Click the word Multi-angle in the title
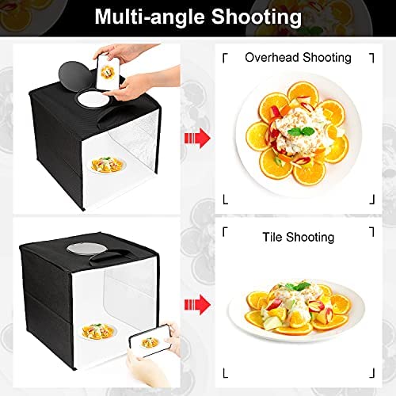click(150, 17)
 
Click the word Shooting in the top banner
click(257, 17)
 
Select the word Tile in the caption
click(272, 237)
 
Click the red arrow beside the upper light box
click(197, 138)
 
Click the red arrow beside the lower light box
click(197, 305)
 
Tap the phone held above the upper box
click(108, 72)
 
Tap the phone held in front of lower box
click(150, 341)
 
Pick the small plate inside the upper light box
click(107, 166)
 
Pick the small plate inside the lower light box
click(97, 332)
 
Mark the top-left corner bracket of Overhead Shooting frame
click(225, 58)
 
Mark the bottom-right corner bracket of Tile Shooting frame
click(371, 373)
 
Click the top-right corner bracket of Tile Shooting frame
click(371, 231)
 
